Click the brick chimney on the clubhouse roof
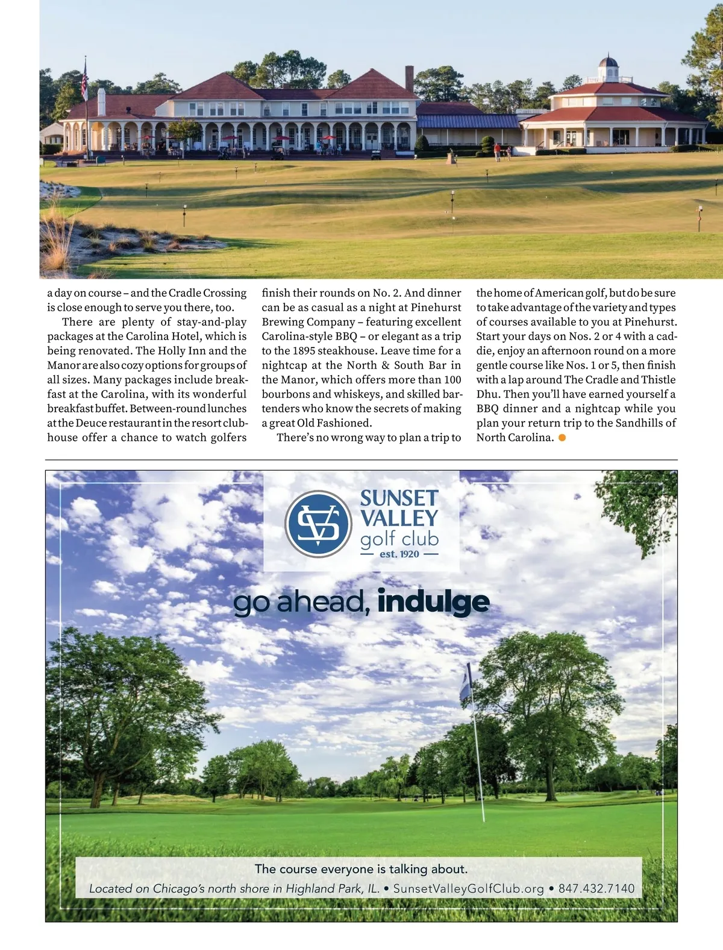(x=410, y=78)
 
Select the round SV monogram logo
(x=318, y=524)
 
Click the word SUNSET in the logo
(x=399, y=498)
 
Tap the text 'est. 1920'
(x=399, y=554)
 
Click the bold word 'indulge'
(x=433, y=601)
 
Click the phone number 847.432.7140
(x=596, y=888)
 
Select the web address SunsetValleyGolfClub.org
(x=469, y=888)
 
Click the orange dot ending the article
(x=562, y=438)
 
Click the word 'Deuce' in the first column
(x=91, y=423)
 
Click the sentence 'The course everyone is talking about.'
(x=361, y=869)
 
